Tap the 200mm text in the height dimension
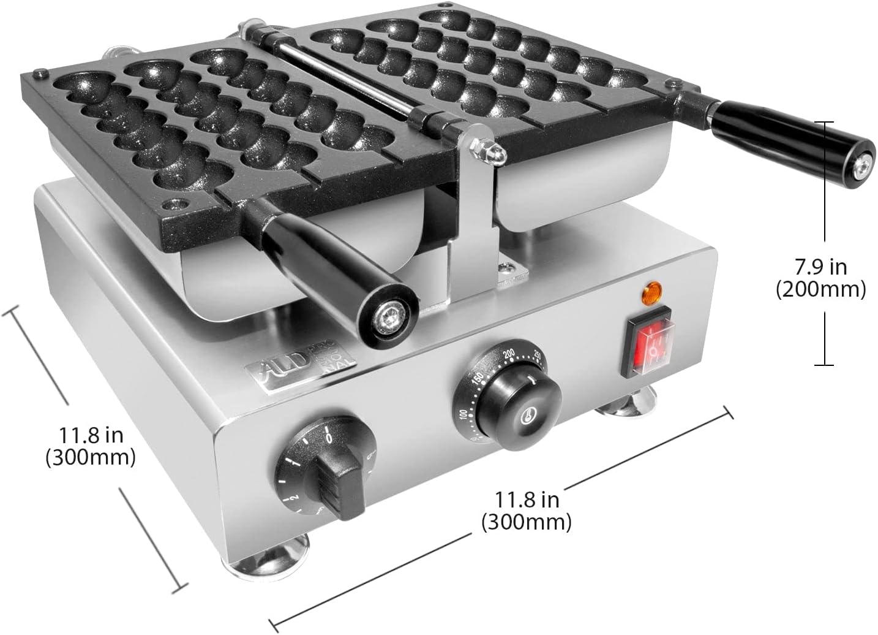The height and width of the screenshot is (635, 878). point(820,289)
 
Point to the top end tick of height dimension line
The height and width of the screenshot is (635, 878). point(824,122)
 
